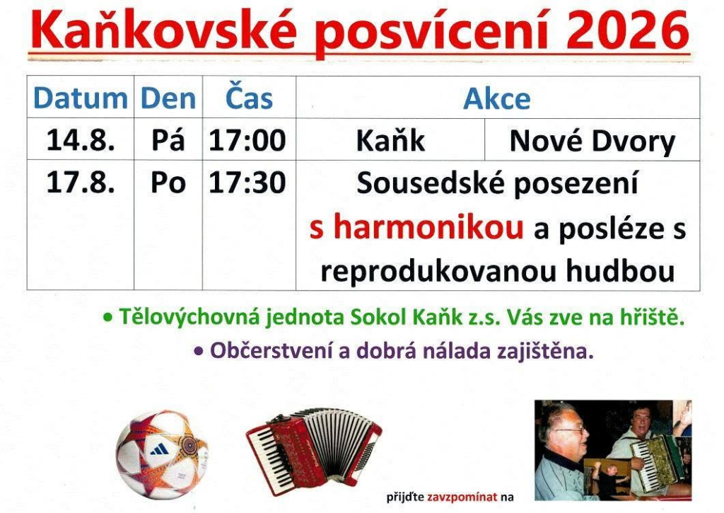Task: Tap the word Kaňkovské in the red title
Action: pos(163,30)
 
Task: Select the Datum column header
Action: pos(81,98)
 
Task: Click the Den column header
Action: pos(168,98)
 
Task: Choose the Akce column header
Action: pos(497,98)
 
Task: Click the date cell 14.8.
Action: pos(81,140)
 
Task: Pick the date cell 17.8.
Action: pos(81,182)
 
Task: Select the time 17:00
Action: pos(247,140)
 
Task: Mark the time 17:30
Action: pos(247,182)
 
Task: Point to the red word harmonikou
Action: pos(428,227)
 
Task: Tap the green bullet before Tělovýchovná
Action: pos(108,318)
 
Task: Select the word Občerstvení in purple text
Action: pos(271,351)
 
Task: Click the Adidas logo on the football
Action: pos(160,449)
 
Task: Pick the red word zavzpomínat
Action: pos(462,497)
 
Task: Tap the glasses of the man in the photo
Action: pos(571,430)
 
